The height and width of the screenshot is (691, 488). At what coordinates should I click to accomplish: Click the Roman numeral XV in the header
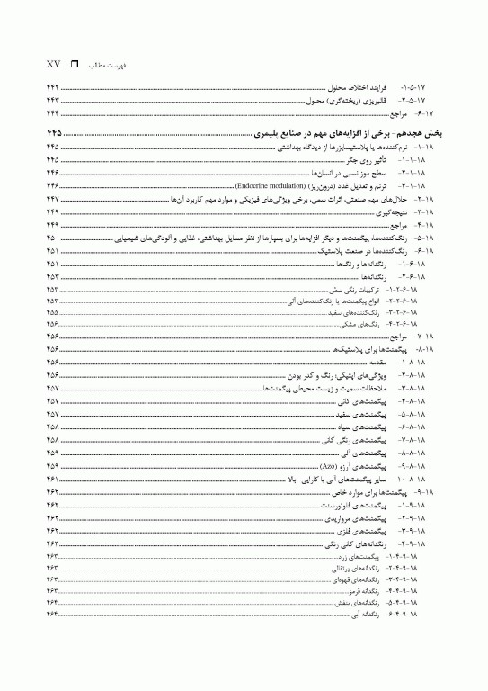[52, 65]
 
